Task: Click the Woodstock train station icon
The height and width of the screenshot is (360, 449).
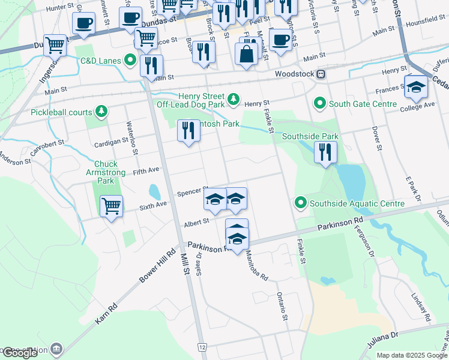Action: pos(322,74)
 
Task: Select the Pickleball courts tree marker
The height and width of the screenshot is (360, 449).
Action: pos(102,112)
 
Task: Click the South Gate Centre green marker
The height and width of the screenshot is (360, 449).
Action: pos(320,104)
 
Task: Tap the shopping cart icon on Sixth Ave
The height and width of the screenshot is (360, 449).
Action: pos(112,206)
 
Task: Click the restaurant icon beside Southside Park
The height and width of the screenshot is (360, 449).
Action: pos(325,151)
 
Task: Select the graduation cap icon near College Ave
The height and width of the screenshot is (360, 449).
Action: pos(416,87)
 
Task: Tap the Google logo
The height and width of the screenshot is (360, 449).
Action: pos(20,353)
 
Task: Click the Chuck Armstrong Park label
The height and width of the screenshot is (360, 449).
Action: pos(106,172)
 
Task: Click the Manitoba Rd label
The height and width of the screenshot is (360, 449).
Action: pos(256,266)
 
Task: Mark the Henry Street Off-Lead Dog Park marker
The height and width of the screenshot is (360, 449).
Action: pos(234,98)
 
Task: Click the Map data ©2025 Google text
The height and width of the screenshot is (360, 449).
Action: pos(411,355)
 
